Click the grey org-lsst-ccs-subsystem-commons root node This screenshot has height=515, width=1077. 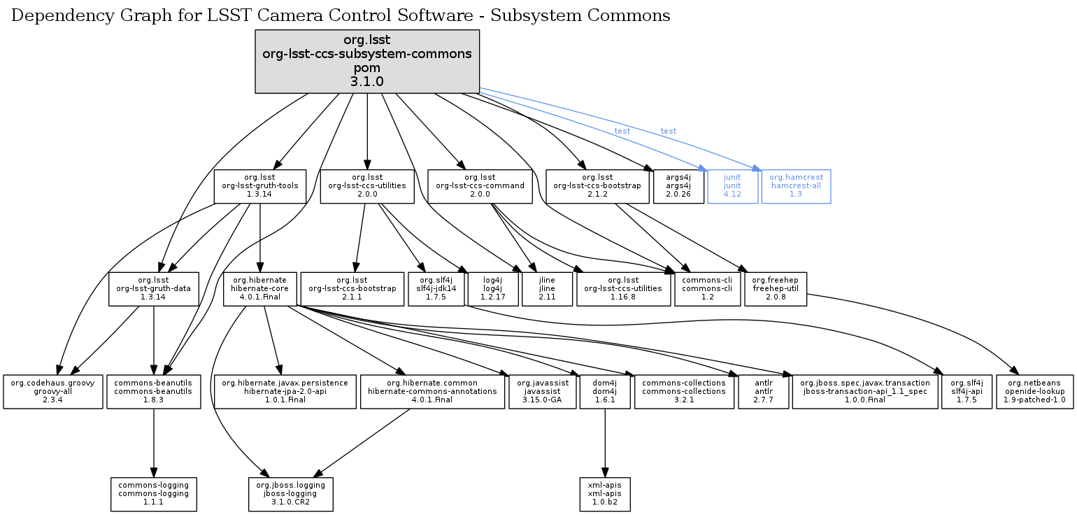(x=367, y=62)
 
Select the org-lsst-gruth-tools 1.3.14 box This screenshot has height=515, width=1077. (x=260, y=186)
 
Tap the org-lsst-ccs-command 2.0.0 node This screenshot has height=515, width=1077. (x=480, y=186)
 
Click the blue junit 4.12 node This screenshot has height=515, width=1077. (x=732, y=186)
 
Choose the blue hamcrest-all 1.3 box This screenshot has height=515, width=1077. (x=796, y=186)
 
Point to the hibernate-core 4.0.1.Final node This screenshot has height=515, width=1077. (x=259, y=289)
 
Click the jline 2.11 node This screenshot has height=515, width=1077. (x=547, y=289)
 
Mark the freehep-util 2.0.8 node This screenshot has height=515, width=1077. (x=776, y=289)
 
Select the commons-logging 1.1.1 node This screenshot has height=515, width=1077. (x=154, y=494)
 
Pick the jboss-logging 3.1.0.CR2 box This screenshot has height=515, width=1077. (x=290, y=494)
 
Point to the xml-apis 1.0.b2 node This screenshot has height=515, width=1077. (x=605, y=494)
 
